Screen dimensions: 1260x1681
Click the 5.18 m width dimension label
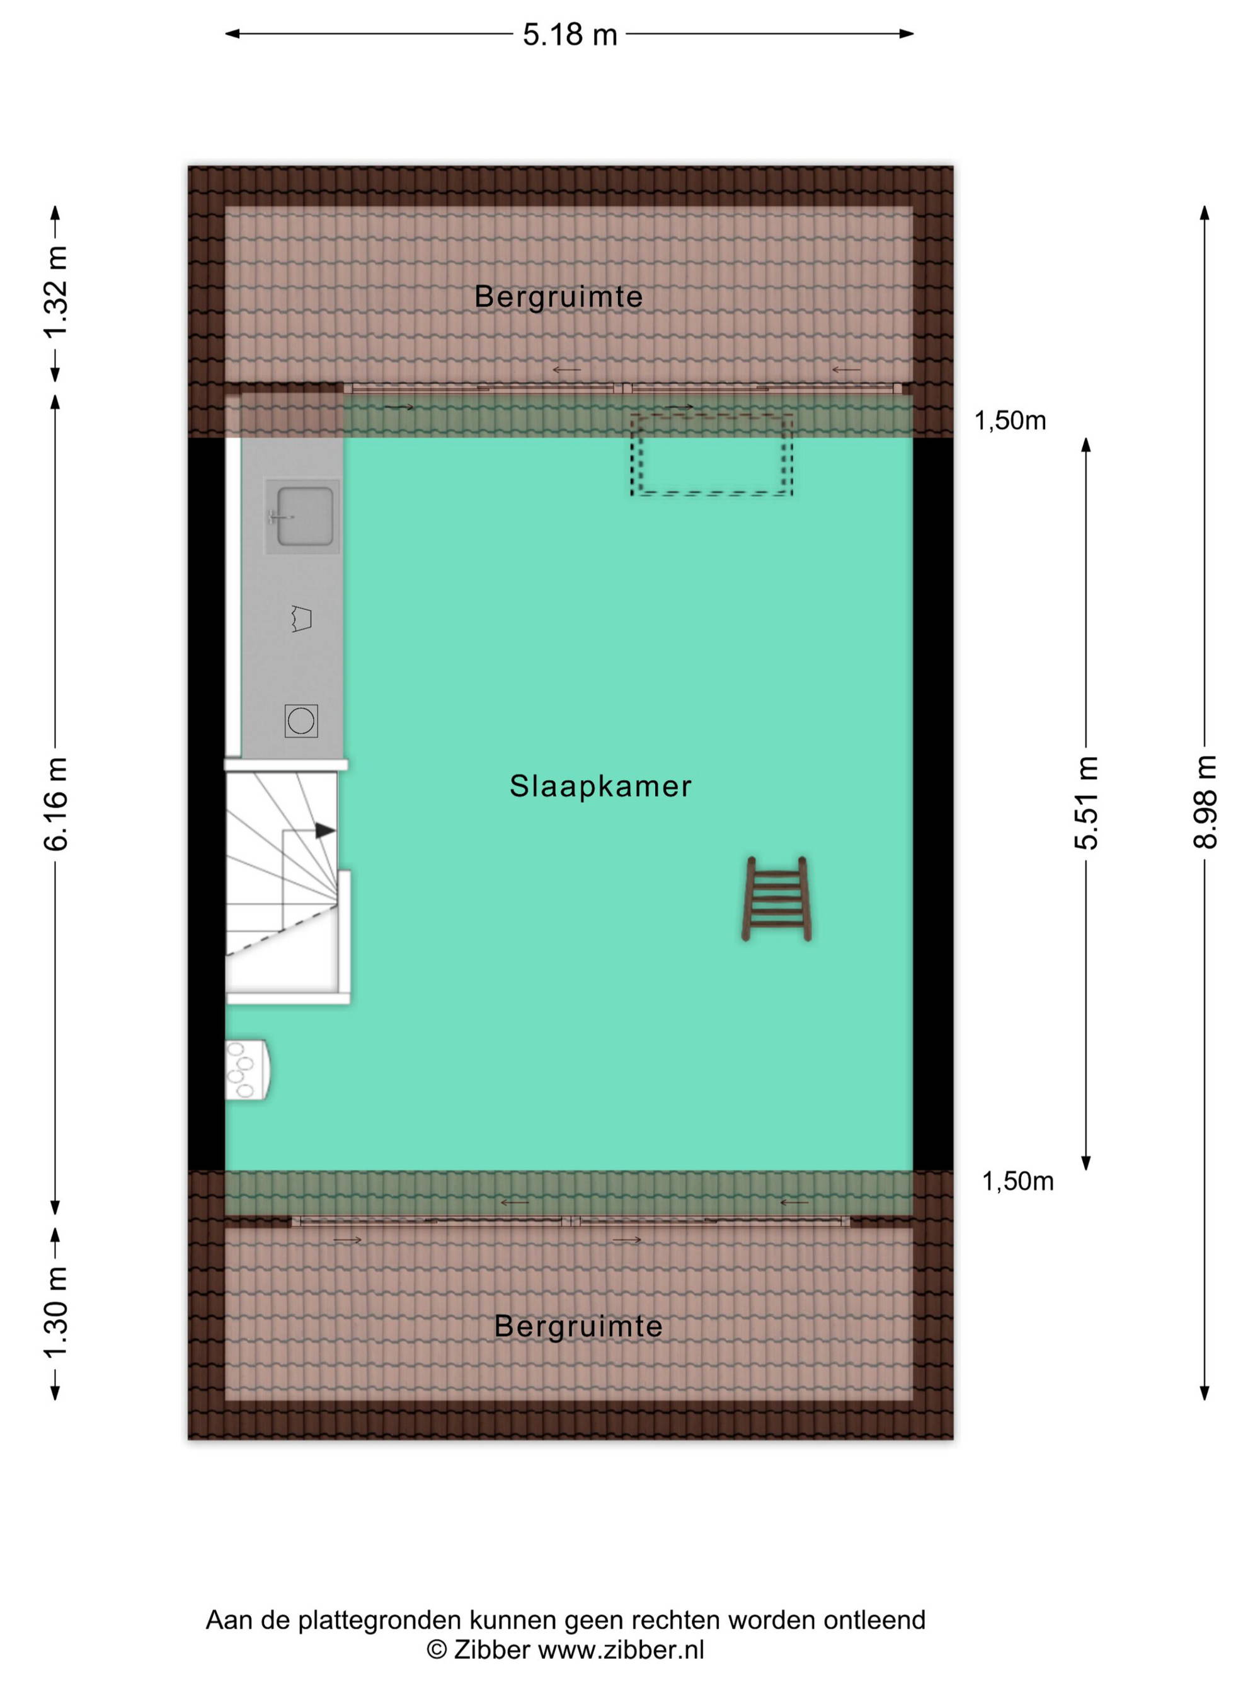(x=570, y=35)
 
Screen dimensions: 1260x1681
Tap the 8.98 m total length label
(x=1205, y=802)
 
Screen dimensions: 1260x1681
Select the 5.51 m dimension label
(x=1086, y=802)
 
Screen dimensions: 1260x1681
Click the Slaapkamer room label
(x=600, y=786)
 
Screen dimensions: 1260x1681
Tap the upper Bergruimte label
(x=558, y=296)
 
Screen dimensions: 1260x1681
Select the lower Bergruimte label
(x=578, y=1326)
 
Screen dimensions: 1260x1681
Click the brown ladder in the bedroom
(x=776, y=899)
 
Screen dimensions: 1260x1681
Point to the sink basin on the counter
(x=304, y=516)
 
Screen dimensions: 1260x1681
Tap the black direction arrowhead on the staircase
(x=325, y=831)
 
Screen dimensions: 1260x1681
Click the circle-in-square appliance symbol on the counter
(x=301, y=720)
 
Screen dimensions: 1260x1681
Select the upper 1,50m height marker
(x=1009, y=420)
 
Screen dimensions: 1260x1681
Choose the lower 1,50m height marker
(x=1017, y=1181)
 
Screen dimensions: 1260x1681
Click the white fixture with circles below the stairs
(x=248, y=1070)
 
